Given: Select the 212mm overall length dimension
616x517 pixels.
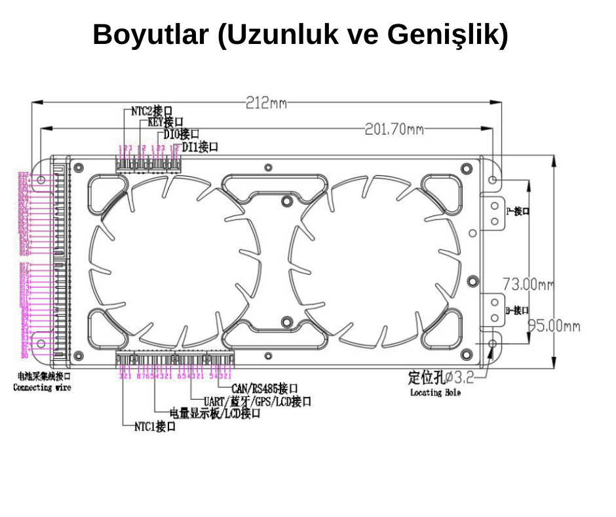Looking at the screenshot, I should (266, 103).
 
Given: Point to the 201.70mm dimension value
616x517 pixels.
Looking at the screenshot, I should (393, 129).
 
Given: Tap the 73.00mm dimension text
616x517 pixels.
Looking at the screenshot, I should (528, 285).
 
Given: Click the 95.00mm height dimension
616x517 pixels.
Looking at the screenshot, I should (554, 326).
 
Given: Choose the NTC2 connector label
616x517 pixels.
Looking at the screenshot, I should (151, 111).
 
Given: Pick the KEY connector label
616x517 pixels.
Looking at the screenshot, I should (165, 122).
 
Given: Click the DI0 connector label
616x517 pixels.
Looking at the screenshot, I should (182, 134).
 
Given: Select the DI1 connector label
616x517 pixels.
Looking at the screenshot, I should (200, 146).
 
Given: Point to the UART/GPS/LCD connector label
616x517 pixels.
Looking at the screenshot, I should (257, 402).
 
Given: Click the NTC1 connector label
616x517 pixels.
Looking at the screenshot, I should (155, 426).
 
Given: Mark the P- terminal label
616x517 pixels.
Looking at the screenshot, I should (518, 211).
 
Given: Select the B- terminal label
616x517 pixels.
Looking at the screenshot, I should (518, 310).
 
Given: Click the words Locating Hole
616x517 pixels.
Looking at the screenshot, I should (435, 392).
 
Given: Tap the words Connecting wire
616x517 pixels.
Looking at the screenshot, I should (42, 388).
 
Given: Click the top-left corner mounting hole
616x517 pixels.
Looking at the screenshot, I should (41, 180).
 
